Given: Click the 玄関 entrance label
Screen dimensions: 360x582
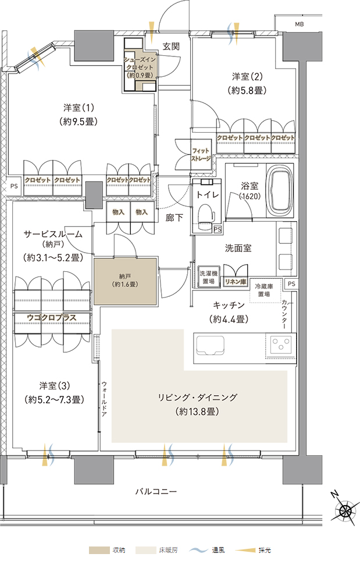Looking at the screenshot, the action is [171, 47].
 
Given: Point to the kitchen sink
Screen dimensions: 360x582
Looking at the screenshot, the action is [210, 345].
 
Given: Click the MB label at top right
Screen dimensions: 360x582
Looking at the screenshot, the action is [299, 24].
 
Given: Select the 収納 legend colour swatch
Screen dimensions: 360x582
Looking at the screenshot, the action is [99, 550].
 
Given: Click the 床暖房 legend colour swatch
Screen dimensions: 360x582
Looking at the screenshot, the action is [146, 550].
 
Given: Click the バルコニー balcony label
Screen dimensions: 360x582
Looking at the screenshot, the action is [156, 491].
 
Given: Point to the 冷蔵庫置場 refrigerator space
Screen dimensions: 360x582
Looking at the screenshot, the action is [264, 290].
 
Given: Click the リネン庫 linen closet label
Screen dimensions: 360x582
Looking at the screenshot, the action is [236, 282].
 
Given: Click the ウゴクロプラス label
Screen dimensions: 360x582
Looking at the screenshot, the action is [52, 318].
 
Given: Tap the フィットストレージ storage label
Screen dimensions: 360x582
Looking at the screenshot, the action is [201, 155].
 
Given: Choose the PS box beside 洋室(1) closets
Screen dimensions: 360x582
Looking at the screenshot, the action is [14, 186].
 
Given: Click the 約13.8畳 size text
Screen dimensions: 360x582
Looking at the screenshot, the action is [197, 411].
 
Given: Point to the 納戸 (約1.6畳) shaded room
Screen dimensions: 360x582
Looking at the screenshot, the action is [125, 281].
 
